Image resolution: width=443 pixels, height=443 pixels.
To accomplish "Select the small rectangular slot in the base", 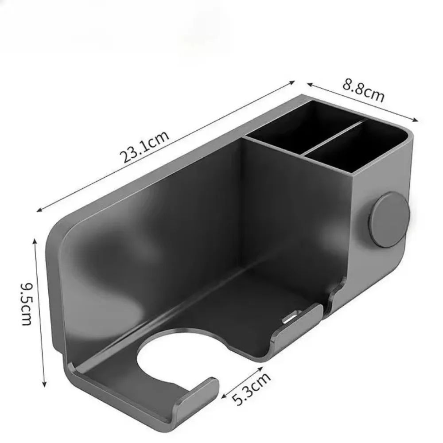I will tap(290, 317).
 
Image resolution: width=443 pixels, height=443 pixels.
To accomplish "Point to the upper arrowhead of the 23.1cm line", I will tap(293, 82).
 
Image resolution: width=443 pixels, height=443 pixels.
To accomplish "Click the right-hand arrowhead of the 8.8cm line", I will tap(416, 120).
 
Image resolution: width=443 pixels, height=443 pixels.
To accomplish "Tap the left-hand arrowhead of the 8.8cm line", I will tap(308, 83).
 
